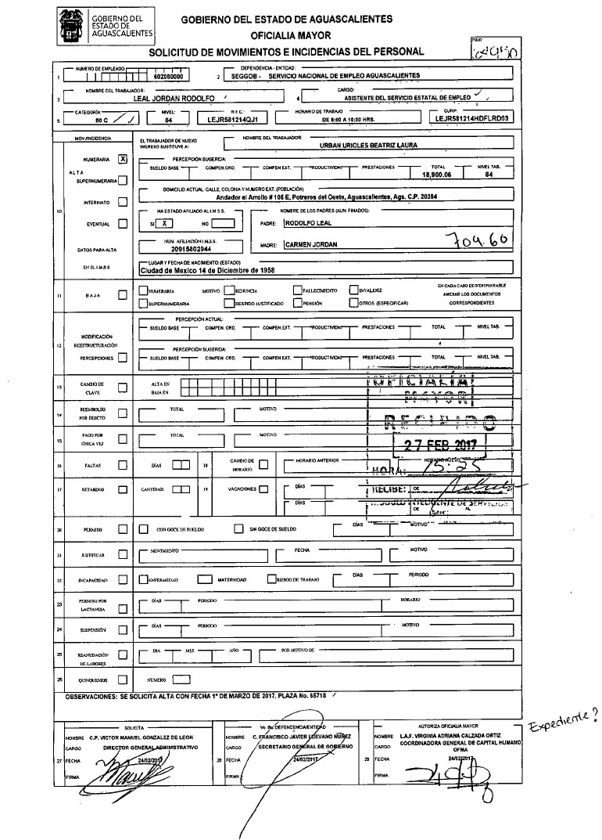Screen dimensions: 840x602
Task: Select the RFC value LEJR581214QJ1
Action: [x=233, y=121]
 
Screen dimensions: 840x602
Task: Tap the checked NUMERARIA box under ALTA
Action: [x=122, y=158]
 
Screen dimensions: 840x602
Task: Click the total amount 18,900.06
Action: [x=438, y=175]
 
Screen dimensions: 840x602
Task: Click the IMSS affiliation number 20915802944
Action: [x=181, y=247]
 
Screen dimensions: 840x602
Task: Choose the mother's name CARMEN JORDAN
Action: [x=311, y=245]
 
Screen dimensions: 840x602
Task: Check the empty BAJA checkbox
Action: [x=122, y=295]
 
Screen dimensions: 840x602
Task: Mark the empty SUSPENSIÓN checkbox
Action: [x=122, y=629]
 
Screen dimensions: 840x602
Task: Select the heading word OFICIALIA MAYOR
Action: [x=290, y=36]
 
